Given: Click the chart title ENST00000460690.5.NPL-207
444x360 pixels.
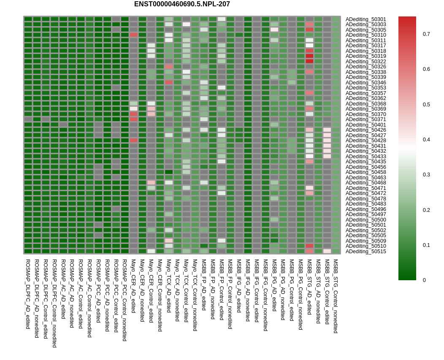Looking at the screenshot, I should tap(182, 4).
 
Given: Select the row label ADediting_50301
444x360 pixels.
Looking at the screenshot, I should tap(365, 19).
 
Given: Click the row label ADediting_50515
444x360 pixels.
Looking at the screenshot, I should tap(365, 252).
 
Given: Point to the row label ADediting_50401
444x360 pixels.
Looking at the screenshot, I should tap(365, 125).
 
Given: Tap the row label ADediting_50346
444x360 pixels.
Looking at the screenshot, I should tap(365, 83).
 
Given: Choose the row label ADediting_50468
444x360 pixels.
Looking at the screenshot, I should tap(365, 183).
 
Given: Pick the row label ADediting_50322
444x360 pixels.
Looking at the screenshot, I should tap(365, 62).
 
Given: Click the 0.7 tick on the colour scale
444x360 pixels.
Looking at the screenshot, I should tap(426, 34).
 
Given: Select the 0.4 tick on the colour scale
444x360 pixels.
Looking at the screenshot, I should tap(426, 140).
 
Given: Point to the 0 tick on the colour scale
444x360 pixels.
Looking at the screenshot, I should tap(425, 280).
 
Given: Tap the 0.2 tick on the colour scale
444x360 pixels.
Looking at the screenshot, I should tap(426, 210).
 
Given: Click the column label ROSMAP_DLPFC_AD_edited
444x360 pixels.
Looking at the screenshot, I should tap(28, 294).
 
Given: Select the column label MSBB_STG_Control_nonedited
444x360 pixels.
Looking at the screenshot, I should tap(336, 296).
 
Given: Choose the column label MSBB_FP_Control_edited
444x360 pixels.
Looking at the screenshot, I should tap(222, 292).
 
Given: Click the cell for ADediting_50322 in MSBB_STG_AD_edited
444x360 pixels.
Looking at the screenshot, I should tap(309, 61).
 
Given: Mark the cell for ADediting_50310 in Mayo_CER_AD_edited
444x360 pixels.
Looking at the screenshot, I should tap(133, 35).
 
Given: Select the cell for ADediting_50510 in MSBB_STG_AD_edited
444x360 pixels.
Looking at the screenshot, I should tap(309, 246).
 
